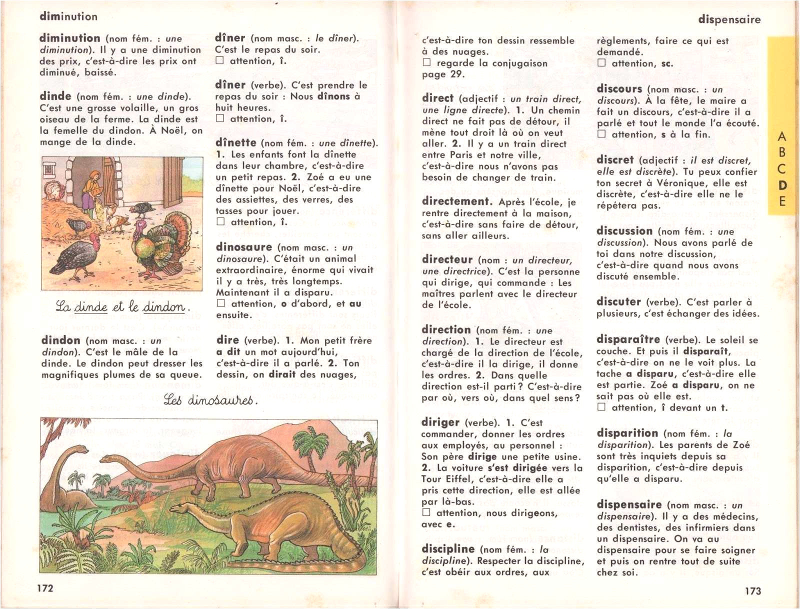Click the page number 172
click(x=45, y=588)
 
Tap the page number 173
click(x=752, y=591)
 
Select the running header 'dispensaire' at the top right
click(x=729, y=20)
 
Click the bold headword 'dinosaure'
click(x=243, y=247)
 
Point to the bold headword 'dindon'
click(x=60, y=340)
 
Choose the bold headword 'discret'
click(x=615, y=160)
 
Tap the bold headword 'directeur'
click(x=446, y=259)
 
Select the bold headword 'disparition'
click(x=627, y=433)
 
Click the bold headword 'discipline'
click(x=447, y=549)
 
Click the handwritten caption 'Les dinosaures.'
click(x=210, y=400)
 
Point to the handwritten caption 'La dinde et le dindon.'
click(x=122, y=306)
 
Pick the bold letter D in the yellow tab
click(x=782, y=185)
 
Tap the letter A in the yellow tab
click(x=782, y=136)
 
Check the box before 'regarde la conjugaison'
click(x=426, y=63)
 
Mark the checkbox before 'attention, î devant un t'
click(x=601, y=407)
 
